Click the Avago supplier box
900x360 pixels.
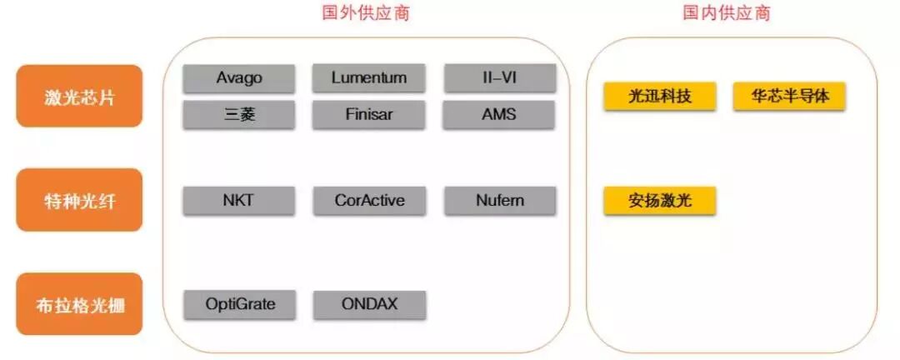pos(238,78)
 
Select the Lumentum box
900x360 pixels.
pos(368,78)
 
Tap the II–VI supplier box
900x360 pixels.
pos(498,78)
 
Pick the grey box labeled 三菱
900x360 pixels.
pos(238,114)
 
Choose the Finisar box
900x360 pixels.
pos(368,114)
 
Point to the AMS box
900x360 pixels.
pos(498,114)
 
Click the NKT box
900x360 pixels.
pos(238,201)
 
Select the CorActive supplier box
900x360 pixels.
pos(369,201)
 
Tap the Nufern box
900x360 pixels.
pos(498,201)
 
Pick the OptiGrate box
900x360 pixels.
pos(240,304)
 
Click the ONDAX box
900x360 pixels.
pos(369,304)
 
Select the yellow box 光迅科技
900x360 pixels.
pos(659,96)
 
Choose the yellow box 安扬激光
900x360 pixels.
pos(659,201)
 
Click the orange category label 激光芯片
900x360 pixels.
pos(79,97)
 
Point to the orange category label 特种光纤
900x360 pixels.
pos(79,200)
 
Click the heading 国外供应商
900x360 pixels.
pos(366,13)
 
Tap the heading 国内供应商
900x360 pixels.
pos(726,13)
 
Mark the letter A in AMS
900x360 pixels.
pos(487,114)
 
